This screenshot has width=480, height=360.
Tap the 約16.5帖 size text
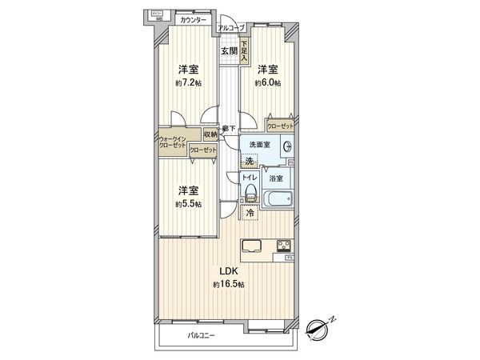[228, 284]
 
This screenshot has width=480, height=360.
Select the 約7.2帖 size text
[188, 83]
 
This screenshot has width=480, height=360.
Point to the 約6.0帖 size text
[267, 83]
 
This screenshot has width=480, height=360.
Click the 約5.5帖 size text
[189, 203]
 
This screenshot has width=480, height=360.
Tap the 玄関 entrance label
[230, 51]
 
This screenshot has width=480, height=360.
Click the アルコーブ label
[231, 28]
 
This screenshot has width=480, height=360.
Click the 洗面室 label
[260, 145]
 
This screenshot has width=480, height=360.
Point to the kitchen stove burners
[284, 245]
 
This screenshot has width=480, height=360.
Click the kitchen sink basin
[250, 245]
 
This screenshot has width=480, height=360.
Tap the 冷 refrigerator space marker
[250, 213]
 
